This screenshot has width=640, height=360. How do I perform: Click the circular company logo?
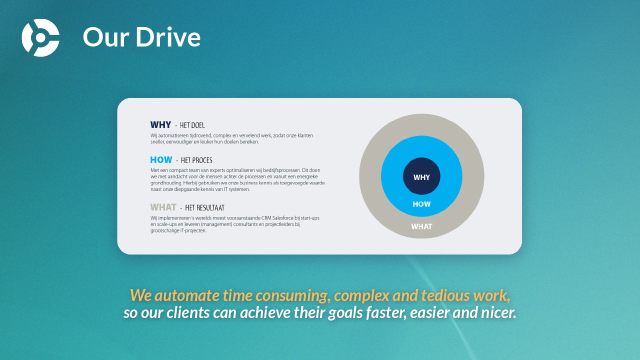pyautogui.click(x=40, y=37)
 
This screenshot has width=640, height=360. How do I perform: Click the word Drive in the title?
pyautogui.click(x=168, y=37)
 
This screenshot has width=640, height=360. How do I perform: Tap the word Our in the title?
pyautogui.click(x=106, y=37)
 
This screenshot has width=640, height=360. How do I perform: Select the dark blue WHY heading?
pyautogui.click(x=160, y=125)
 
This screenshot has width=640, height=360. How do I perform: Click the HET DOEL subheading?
pyautogui.click(x=192, y=125)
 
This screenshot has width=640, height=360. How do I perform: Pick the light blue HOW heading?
pyautogui.click(x=161, y=159)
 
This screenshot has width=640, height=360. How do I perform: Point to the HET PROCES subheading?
pyautogui.click(x=196, y=160)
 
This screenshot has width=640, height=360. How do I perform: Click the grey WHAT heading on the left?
pyautogui.click(x=163, y=207)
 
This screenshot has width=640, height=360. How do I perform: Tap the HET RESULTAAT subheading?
pyautogui.click(x=204, y=207)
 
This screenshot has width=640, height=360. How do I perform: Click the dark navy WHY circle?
pyautogui.click(x=421, y=176)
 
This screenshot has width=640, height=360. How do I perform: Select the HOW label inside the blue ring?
pyautogui.click(x=421, y=204)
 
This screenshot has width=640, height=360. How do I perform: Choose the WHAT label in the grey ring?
pyautogui.click(x=421, y=226)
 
